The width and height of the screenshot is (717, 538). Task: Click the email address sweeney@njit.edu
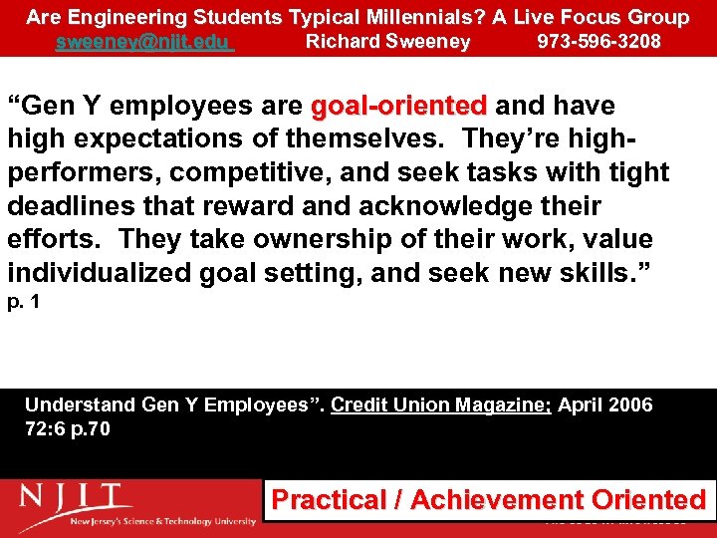pyautogui.click(x=143, y=42)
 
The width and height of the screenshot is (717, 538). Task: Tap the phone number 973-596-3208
pyautogui.click(x=598, y=42)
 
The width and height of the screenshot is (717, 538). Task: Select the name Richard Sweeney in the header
pyautogui.click(x=387, y=42)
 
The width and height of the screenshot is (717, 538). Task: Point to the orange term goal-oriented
pyautogui.click(x=399, y=106)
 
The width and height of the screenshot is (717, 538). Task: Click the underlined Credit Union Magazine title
pyautogui.click(x=441, y=405)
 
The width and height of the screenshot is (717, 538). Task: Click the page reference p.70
pyautogui.click(x=91, y=429)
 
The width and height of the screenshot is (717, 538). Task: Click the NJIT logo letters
pyautogui.click(x=74, y=496)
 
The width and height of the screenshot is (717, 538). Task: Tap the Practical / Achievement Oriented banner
pyautogui.click(x=488, y=500)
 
